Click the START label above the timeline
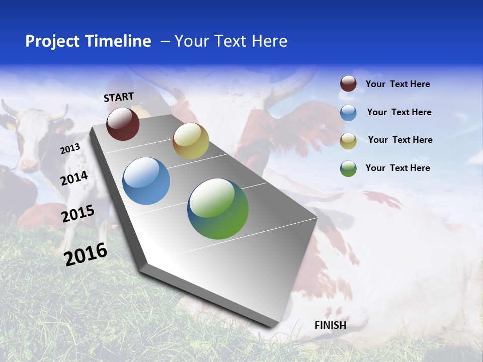pyautogui.click(x=119, y=97)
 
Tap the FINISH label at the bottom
pyautogui.click(x=330, y=325)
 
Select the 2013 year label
pyautogui.click(x=70, y=149)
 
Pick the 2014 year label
pyautogui.click(x=74, y=178)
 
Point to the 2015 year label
pyautogui.click(x=78, y=214)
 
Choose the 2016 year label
pyautogui.click(x=86, y=254)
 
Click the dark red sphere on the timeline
pyautogui.click(x=123, y=124)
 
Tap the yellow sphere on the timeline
pyautogui.click(x=191, y=141)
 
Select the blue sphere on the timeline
pyautogui.click(x=146, y=181)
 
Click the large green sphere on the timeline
pyautogui.click(x=218, y=209)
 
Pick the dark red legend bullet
pyautogui.click(x=348, y=83)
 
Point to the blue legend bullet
pyautogui.click(x=348, y=113)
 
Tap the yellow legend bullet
pyautogui.click(x=348, y=141)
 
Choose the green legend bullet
pyautogui.click(x=348, y=168)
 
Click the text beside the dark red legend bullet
pyautogui.click(x=397, y=84)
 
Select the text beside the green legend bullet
pyautogui.click(x=397, y=168)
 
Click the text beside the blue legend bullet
pyautogui.click(x=399, y=112)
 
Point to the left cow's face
pyautogui.click(x=30, y=141)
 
